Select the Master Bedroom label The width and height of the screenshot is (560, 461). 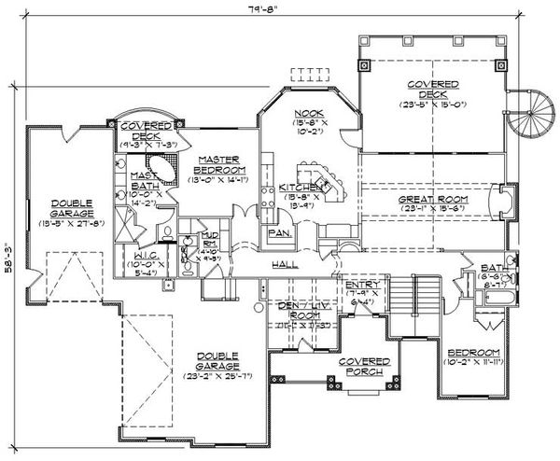click(x=220, y=164)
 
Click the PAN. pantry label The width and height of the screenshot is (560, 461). click(x=277, y=231)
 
